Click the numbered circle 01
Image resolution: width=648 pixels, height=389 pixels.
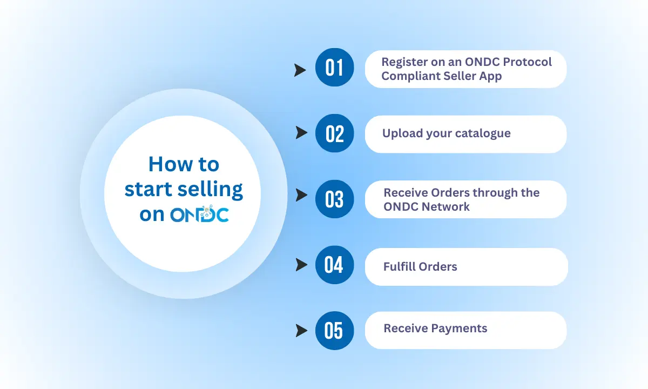pos(334,67)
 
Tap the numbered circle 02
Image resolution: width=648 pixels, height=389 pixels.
pos(334,133)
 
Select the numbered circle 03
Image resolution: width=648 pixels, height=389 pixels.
pos(334,199)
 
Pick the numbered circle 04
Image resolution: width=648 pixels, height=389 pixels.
pos(334,265)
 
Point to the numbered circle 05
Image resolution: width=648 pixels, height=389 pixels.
pos(334,331)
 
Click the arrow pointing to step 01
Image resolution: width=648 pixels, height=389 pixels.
pos(300,70)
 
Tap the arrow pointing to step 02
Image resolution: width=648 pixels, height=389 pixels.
pos(301,132)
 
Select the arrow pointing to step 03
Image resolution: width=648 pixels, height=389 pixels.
pos(301,195)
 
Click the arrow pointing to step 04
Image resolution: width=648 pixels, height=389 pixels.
pos(301,265)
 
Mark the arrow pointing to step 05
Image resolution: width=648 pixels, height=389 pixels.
pos(301,331)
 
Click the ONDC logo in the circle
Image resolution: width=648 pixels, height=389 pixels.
pos(200,213)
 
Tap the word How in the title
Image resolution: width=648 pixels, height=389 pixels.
pos(171,164)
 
